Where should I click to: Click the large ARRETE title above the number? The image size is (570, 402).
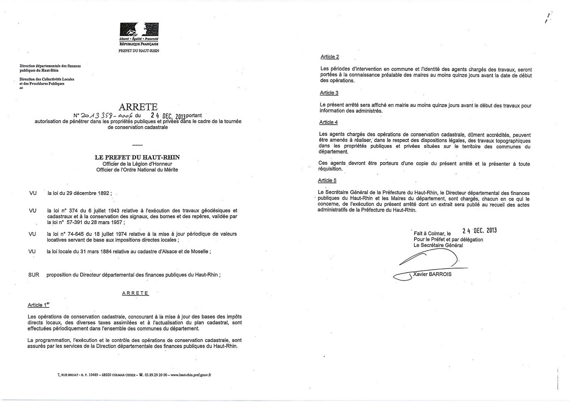(138, 107)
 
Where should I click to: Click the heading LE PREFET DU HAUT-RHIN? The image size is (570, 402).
(137, 158)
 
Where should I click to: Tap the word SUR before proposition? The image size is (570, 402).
(34, 275)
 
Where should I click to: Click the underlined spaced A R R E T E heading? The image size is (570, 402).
(135, 293)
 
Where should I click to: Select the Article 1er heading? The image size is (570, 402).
(39, 305)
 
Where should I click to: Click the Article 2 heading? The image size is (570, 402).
(330, 57)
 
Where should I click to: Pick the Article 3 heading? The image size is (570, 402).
(329, 93)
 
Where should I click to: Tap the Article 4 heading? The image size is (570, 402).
(328, 122)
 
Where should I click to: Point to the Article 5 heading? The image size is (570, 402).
(327, 180)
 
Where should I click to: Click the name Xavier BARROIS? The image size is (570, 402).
(433, 274)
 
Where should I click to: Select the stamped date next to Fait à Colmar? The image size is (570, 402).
(479, 231)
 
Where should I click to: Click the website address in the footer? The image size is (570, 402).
(191, 375)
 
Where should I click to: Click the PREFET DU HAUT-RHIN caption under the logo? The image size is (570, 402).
(138, 51)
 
